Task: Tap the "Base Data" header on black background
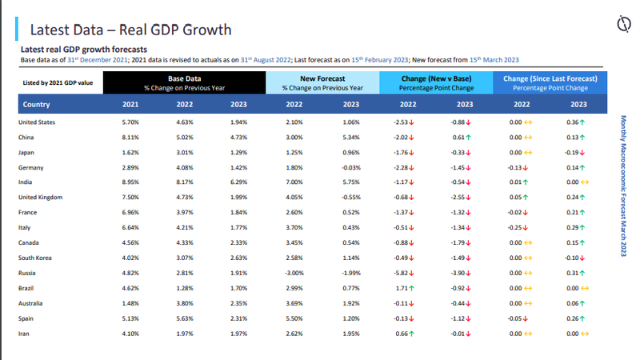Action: click(183, 78)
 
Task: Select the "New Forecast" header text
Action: click(322, 78)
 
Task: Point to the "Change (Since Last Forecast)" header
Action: click(550, 78)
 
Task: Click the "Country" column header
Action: click(38, 104)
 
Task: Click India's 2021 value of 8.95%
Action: click(130, 182)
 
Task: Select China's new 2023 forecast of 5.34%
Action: click(351, 137)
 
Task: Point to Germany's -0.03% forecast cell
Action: click(350, 166)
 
